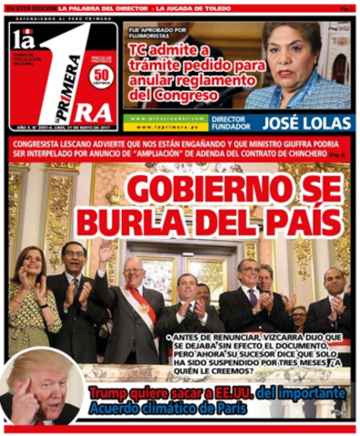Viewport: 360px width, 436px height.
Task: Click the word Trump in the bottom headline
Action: [x=110, y=392]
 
